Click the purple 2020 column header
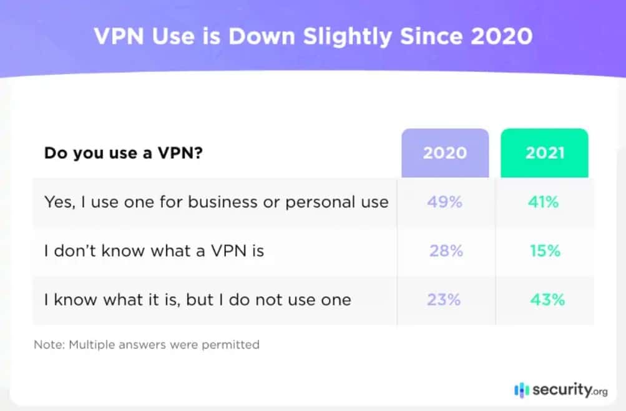click(x=444, y=153)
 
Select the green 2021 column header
click(x=544, y=153)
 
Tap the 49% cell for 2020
click(x=444, y=202)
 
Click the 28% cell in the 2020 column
click(x=446, y=250)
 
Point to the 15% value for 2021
click(x=544, y=250)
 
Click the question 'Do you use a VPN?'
click(x=123, y=153)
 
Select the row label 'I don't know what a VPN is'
click(x=154, y=251)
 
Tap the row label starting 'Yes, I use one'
click(x=216, y=202)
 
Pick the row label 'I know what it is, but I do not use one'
click(x=197, y=300)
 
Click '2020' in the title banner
click(x=501, y=36)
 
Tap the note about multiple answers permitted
click(x=147, y=344)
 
